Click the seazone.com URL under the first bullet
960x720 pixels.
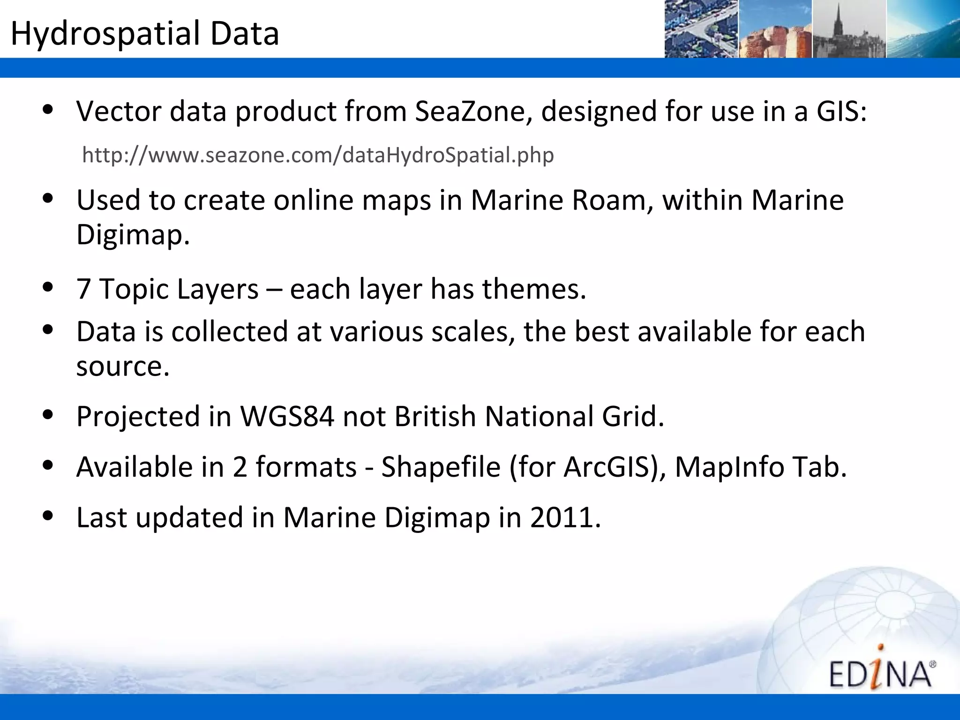[x=318, y=155]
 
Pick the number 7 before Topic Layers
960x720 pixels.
[x=83, y=289]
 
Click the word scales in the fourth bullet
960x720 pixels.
[x=469, y=331]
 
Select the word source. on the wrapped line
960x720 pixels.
[x=123, y=366]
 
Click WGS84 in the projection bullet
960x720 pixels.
[x=287, y=416]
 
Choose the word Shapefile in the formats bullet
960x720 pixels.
[x=441, y=467]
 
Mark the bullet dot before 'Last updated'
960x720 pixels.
[x=47, y=516]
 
